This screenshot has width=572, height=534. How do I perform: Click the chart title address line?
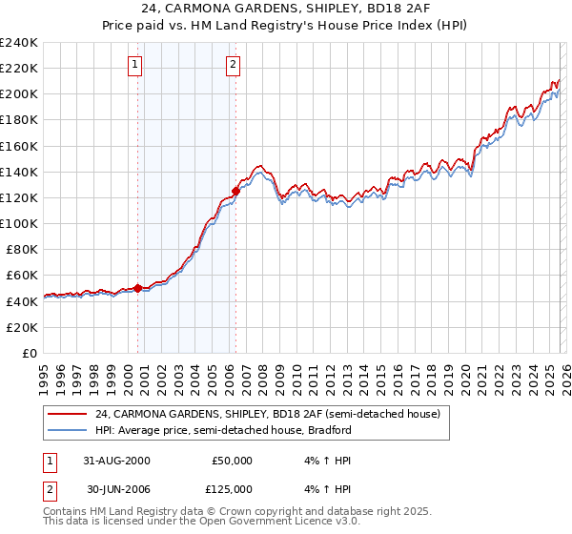pos(286,9)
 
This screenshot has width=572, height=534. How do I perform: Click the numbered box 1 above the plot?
pos(134,65)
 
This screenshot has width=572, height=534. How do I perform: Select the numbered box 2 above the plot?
pos(232,65)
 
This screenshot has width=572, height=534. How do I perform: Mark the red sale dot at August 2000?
pos(138,288)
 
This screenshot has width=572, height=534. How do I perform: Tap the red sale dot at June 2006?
pos(236,192)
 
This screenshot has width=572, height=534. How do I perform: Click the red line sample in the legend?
pos(68,415)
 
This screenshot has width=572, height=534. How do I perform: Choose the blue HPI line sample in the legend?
pos(68,430)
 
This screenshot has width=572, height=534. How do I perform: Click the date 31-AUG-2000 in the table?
pos(117,461)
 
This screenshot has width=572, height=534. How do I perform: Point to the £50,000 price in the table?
pos(232,461)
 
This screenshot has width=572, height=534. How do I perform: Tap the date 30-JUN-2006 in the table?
pos(117,489)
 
